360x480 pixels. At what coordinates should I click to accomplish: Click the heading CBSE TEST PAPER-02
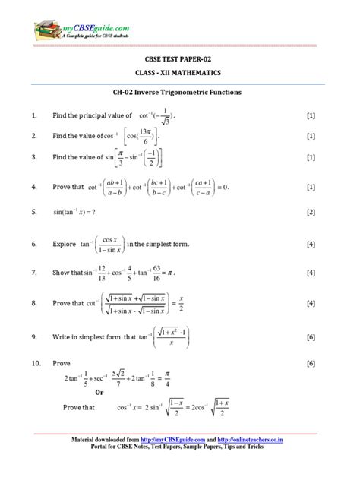coord(179,57)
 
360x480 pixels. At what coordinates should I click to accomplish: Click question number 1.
coord(34,116)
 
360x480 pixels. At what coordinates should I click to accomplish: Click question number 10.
coord(36,364)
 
